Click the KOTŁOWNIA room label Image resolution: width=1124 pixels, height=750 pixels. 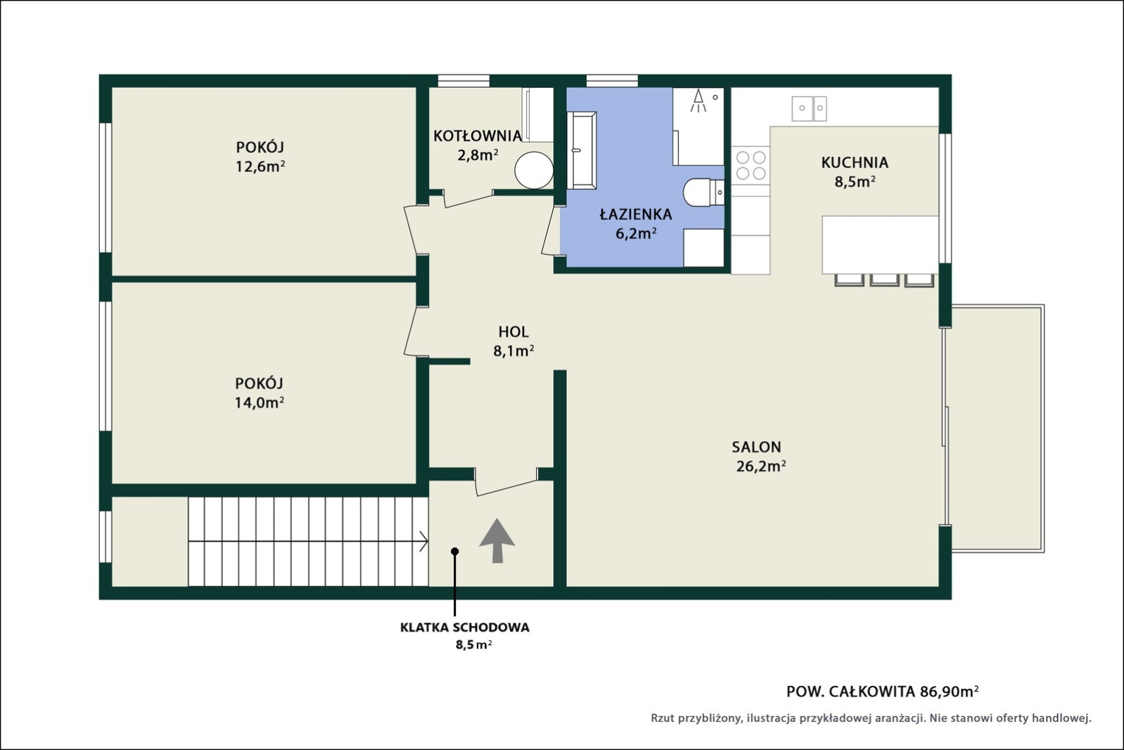click(477, 136)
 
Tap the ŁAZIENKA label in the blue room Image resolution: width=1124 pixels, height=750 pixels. click(636, 215)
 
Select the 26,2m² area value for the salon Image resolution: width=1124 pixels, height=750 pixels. click(761, 466)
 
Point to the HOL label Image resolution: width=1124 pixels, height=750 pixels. click(513, 332)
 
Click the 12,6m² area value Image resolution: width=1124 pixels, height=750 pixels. click(260, 166)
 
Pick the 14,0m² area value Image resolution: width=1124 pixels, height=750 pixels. click(260, 402)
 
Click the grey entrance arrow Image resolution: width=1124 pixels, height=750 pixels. click(497, 540)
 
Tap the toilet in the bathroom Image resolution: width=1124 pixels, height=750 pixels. click(703, 192)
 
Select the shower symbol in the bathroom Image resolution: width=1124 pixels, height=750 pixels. click(698, 101)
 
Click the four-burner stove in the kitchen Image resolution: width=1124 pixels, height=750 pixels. click(751, 165)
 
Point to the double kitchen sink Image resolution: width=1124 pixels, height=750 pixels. click(809, 108)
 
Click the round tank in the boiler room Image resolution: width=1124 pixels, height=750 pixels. click(534, 170)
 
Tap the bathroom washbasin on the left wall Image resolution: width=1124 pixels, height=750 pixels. click(582, 150)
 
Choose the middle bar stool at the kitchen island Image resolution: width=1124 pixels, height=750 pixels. click(884, 280)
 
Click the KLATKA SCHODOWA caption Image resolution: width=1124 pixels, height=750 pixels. click(465, 628)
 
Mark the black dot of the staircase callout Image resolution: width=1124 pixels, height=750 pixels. click(454, 551)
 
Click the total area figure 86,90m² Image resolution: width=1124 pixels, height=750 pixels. click(949, 692)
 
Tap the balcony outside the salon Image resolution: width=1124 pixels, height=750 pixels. click(997, 428)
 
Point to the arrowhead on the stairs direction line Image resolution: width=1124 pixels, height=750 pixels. click(424, 542)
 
